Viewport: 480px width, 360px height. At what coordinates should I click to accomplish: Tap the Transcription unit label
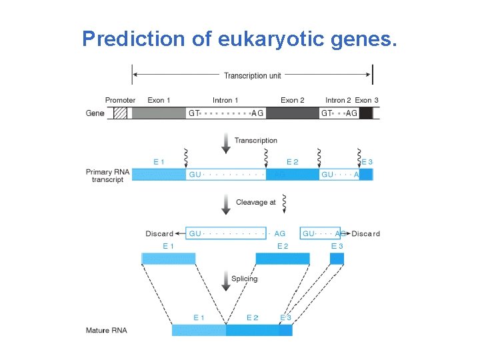(252, 75)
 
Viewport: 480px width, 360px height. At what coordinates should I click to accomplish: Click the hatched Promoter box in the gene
(120, 113)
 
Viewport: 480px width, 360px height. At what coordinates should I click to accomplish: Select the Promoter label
(120, 101)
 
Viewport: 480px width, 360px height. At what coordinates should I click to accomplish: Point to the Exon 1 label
(159, 101)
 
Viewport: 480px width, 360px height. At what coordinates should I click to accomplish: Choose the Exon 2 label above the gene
(292, 101)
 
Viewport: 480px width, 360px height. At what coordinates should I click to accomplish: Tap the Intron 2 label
(339, 101)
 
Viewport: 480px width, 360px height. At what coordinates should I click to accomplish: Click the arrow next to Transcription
(226, 141)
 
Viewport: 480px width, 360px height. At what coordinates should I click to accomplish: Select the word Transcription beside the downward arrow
(255, 141)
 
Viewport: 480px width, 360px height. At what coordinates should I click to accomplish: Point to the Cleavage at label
(255, 202)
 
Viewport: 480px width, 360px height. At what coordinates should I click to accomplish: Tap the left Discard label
(159, 234)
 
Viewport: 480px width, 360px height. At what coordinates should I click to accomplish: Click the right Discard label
(366, 234)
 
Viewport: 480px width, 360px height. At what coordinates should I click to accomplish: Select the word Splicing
(244, 279)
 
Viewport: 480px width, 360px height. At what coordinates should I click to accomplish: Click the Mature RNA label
(107, 331)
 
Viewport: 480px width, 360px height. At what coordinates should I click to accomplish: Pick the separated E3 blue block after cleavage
(337, 258)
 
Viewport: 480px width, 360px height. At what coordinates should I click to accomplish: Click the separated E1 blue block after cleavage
(168, 259)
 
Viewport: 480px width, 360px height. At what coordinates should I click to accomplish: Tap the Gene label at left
(95, 113)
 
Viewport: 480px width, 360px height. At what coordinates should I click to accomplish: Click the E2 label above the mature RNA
(252, 318)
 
